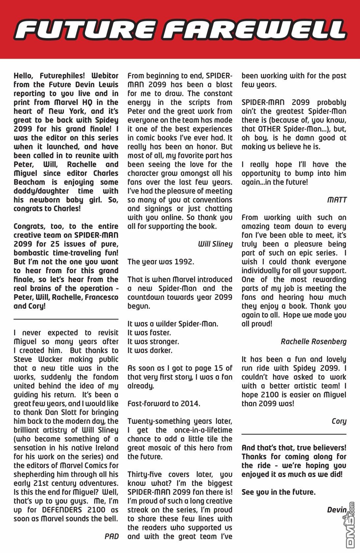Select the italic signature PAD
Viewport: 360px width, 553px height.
click(x=111, y=536)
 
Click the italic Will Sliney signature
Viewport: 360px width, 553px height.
click(x=215, y=244)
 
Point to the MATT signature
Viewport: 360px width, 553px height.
click(x=337, y=200)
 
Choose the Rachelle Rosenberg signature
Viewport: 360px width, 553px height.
click(x=314, y=342)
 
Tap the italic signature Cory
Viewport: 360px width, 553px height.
click(x=339, y=421)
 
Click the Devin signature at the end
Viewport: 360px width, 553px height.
click(x=337, y=510)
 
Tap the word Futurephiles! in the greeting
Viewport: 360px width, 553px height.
click(x=62, y=76)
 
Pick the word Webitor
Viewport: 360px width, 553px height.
click(x=105, y=76)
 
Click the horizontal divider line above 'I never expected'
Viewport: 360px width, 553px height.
click(x=66, y=319)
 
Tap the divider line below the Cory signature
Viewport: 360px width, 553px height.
click(x=294, y=434)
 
